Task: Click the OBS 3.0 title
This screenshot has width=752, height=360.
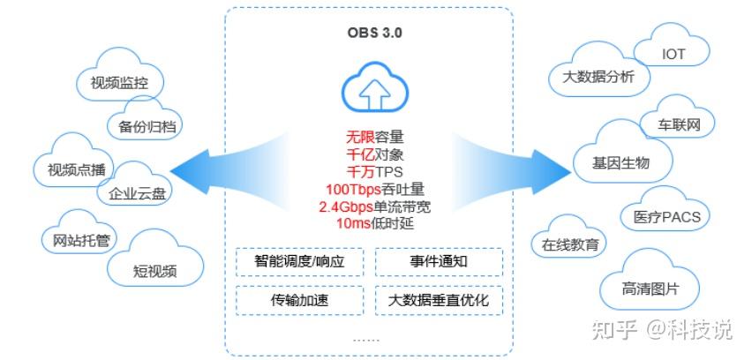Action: (x=369, y=34)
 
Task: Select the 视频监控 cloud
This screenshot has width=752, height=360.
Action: (x=117, y=83)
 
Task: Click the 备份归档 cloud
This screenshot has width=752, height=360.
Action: (x=147, y=126)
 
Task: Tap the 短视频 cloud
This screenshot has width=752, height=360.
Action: (x=154, y=268)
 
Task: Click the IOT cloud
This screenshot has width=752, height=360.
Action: (x=673, y=53)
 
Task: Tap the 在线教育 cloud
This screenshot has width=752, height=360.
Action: (x=570, y=243)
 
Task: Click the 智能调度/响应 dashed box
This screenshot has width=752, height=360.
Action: (x=298, y=262)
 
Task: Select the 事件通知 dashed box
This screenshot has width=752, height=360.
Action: (x=438, y=262)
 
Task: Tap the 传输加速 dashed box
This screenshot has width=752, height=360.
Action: (x=298, y=301)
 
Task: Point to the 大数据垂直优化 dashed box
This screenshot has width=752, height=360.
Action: (x=438, y=301)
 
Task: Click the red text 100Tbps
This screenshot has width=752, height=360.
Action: (x=350, y=189)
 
